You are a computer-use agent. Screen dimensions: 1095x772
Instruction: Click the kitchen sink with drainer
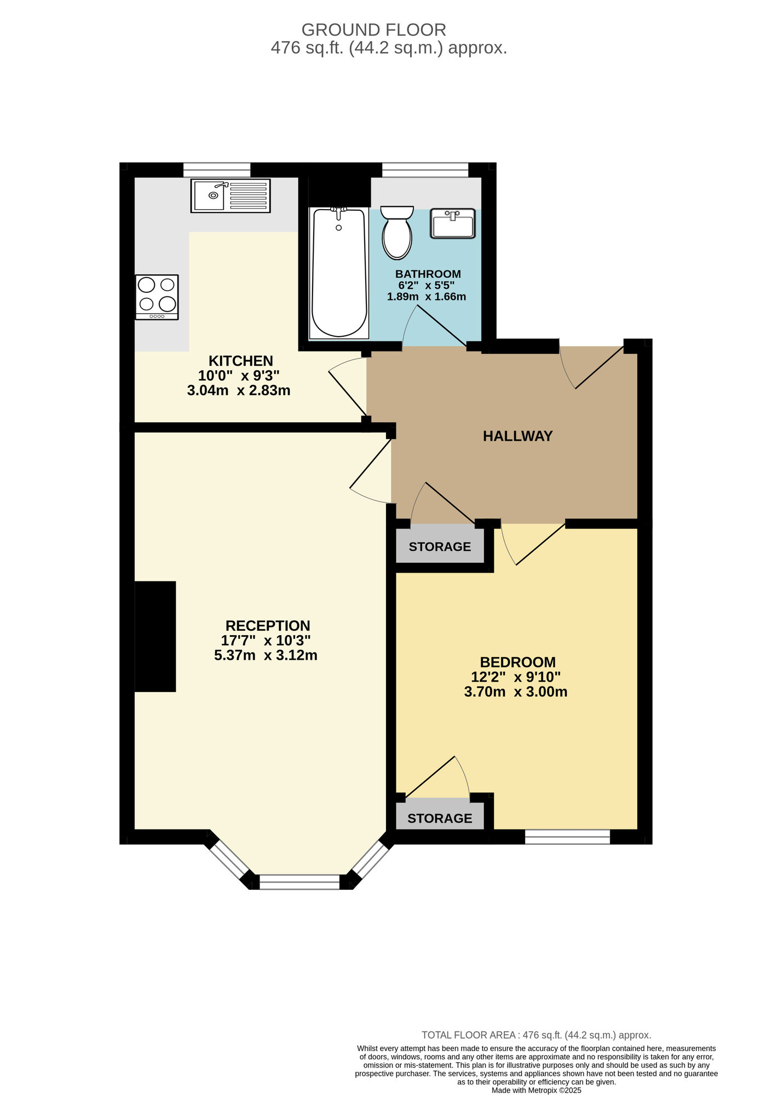(231, 195)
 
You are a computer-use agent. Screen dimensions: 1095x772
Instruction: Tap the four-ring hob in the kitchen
(157, 297)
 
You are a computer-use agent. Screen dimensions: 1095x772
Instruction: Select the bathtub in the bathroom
(339, 273)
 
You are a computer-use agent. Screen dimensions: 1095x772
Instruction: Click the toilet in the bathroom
(397, 233)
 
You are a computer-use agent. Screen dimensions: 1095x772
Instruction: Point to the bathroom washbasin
(452, 223)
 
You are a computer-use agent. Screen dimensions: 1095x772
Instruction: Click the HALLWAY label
(517, 436)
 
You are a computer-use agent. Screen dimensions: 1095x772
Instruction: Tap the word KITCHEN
(240, 361)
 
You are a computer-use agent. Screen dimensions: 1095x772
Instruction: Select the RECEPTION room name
(268, 625)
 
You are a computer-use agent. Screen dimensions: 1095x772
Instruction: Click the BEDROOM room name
(517, 662)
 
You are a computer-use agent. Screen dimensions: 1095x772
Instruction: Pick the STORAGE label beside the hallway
(440, 546)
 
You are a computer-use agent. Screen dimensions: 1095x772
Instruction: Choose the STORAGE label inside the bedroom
(440, 818)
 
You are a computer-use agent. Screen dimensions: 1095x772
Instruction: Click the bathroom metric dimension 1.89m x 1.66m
(427, 297)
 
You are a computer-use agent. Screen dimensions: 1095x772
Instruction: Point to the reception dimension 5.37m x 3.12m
(266, 655)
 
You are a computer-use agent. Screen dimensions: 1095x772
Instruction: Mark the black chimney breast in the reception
(155, 636)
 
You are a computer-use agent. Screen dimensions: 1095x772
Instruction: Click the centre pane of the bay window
(299, 881)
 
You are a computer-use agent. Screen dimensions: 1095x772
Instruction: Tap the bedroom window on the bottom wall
(567, 837)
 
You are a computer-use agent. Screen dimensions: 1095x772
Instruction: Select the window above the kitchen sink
(217, 170)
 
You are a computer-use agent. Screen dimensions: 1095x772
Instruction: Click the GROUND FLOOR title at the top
(373, 30)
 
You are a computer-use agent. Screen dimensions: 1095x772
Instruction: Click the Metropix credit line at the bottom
(536, 1090)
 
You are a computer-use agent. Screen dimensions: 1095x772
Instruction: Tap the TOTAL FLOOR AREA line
(536, 1035)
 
